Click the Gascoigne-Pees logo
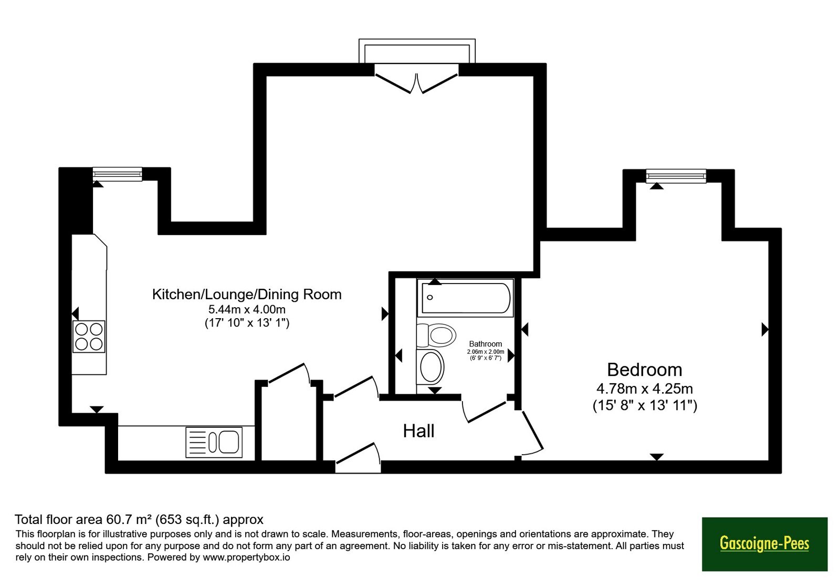pos(764,544)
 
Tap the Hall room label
pos(418,431)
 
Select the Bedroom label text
pos(645,370)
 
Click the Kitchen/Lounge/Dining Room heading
pos(247,295)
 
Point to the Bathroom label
pos(485,344)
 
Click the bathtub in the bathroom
pos(465,298)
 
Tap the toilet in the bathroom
pos(436,335)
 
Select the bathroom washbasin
pos(430,367)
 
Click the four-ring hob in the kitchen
pos(89,337)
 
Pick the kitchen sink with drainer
pos(214,443)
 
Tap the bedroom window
pos(676,176)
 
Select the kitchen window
pos(118,174)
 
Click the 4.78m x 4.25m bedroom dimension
pos(645,388)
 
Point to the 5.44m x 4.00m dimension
pos(247,309)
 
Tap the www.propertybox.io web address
pos(246,557)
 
